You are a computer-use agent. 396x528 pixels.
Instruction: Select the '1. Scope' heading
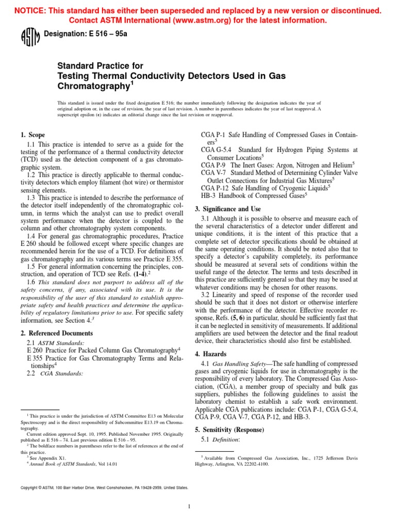coord(34,135)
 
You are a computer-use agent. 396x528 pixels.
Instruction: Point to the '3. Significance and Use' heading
coord(228,209)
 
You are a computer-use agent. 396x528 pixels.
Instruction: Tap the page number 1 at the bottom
coord(189,506)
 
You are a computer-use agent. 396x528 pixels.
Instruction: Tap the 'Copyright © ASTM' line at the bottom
coord(104,487)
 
